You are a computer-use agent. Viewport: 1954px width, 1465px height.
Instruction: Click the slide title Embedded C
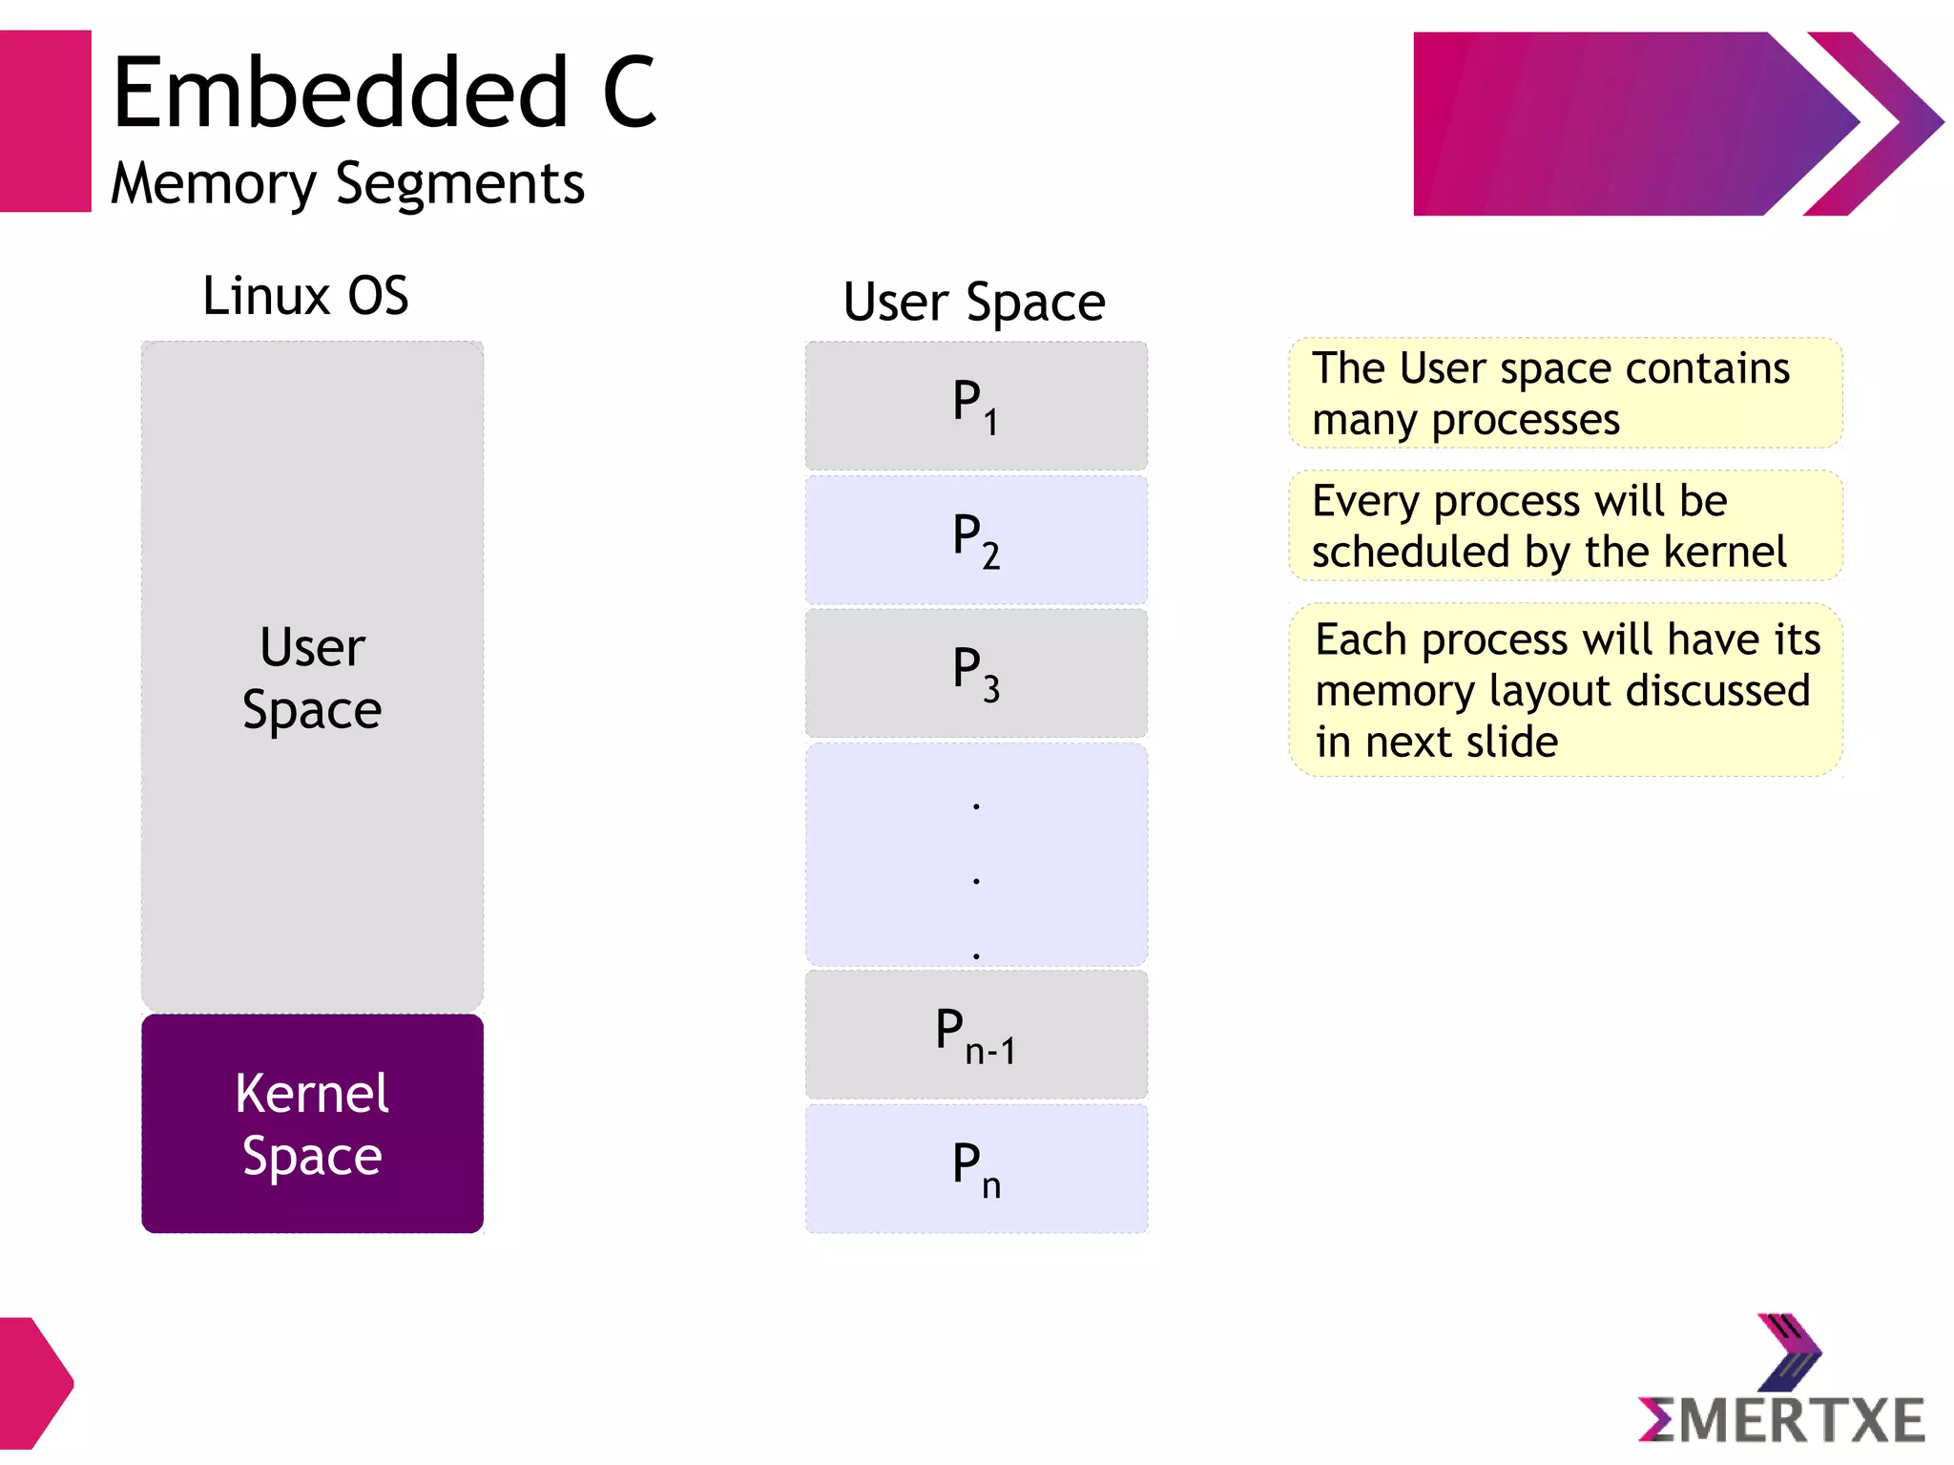384,93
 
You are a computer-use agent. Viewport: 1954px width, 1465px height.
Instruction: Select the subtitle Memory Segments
347,183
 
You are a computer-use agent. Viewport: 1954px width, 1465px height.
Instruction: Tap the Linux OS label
305,295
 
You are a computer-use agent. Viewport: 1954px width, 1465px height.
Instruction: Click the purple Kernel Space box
312,1123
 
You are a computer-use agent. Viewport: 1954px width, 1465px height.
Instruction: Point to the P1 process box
976,406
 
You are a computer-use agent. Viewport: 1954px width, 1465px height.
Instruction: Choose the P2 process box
976,539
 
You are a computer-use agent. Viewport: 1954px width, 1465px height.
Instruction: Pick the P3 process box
976,674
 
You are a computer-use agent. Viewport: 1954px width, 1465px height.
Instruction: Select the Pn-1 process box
976,1035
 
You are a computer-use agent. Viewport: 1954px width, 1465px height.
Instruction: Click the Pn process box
976,1168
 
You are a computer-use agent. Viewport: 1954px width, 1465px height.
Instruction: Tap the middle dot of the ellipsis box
976,880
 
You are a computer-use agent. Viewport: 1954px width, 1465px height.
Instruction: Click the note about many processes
1565,393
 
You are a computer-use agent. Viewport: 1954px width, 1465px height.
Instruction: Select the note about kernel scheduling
1565,526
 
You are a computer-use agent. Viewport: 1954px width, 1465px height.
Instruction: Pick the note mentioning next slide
1565,690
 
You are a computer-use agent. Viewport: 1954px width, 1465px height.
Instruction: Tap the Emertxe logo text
1781,1420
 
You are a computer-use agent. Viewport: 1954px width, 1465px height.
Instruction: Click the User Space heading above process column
974,302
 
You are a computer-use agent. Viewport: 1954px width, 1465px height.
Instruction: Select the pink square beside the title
45,121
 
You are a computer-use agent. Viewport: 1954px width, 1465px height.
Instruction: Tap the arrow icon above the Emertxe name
1788,1350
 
